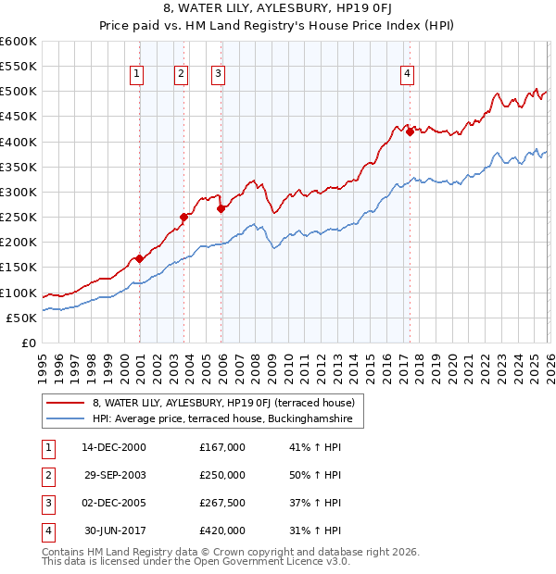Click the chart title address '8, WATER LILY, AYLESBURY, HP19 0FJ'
point(278,10)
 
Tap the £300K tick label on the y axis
point(19,192)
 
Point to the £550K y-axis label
point(19,67)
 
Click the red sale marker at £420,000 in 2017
point(410,131)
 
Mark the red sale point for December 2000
point(139,258)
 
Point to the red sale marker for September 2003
point(184,217)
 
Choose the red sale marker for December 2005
point(221,208)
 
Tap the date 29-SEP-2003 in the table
point(116,474)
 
